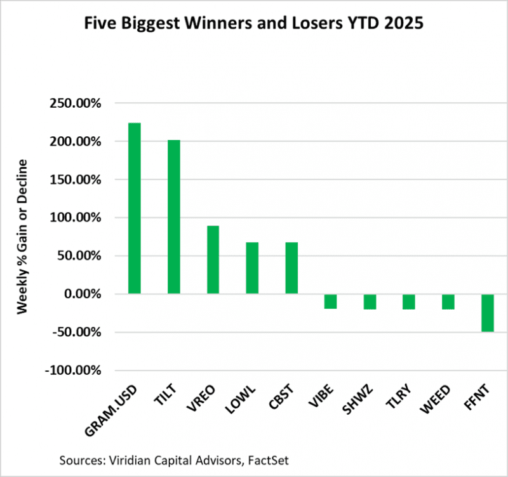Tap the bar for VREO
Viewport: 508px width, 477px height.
point(213,259)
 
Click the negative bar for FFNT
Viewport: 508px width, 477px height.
point(487,313)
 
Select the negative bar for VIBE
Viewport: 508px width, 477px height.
point(330,301)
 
